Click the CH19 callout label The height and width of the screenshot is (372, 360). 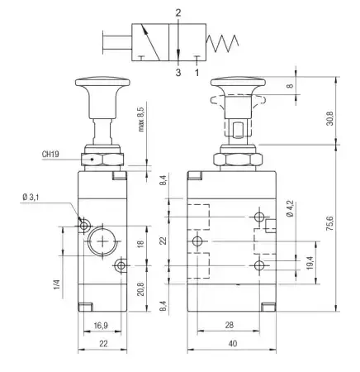tap(50, 154)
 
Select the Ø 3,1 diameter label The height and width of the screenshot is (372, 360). tap(31, 197)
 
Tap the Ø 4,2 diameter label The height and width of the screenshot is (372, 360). tap(290, 208)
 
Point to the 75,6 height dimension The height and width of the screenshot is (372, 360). tap(330, 224)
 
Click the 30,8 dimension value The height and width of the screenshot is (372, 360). tap(330, 118)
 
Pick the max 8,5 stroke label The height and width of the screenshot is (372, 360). tap(140, 119)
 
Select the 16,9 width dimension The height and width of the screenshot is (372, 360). tap(101, 326)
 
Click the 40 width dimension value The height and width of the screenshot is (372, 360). tap(233, 344)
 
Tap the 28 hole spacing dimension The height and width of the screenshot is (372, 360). tap(229, 325)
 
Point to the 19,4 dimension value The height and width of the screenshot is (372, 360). tap(310, 263)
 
